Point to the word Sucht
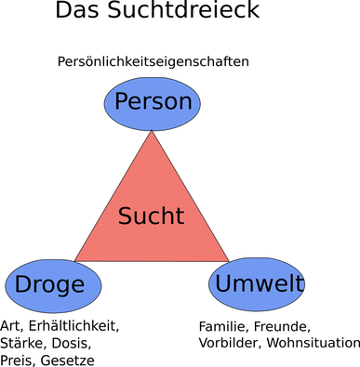click(x=151, y=216)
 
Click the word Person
click(x=153, y=102)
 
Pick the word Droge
click(x=50, y=285)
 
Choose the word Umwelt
click(x=259, y=284)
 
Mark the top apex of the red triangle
click(x=152, y=133)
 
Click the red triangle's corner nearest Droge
click(x=77, y=259)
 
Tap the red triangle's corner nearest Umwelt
click(x=226, y=260)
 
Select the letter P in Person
click(x=121, y=101)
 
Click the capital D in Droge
click(x=22, y=284)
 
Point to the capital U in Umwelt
click(x=222, y=283)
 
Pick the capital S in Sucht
click(x=125, y=216)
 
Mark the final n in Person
click(x=186, y=103)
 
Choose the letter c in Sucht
click(x=153, y=218)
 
